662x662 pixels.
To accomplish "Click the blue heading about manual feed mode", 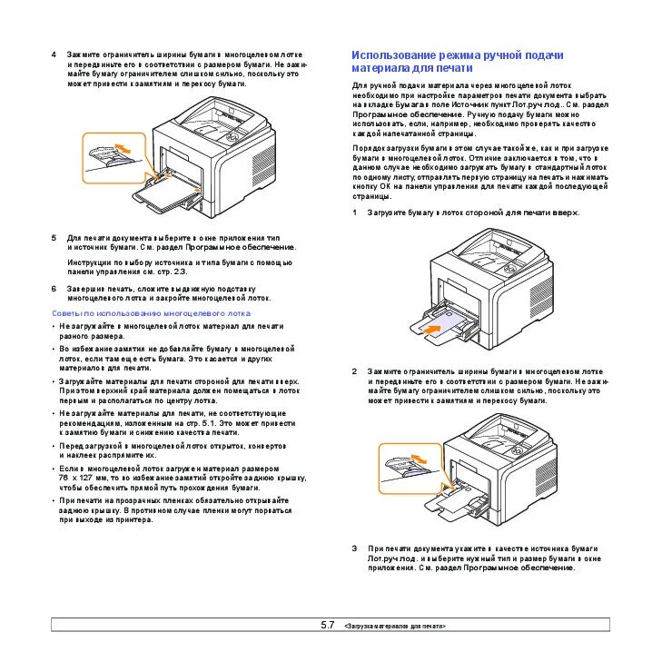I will point(458,61).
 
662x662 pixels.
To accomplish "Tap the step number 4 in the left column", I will point(54,54).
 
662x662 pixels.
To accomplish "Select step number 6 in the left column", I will point(54,289).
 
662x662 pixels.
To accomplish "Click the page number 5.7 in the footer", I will point(327,625).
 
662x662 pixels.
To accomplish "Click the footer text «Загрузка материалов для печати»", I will point(396,627).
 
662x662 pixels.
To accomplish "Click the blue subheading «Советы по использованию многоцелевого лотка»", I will point(150,311).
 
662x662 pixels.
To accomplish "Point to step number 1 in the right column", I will point(354,212).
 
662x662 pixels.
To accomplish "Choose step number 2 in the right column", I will point(354,371).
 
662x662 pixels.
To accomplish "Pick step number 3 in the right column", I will point(354,548).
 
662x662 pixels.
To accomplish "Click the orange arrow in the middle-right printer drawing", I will point(437,322).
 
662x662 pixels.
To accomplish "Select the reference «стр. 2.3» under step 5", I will point(172,272).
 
